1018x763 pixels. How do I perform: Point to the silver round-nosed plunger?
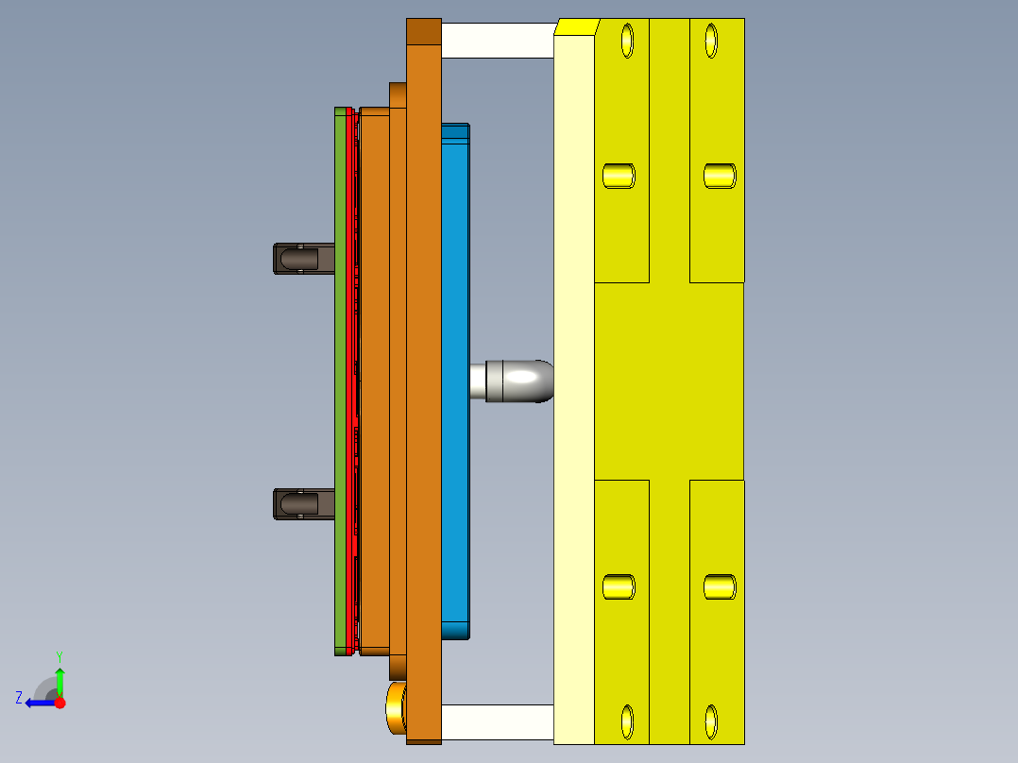(518, 381)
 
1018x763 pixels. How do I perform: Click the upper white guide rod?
(497, 40)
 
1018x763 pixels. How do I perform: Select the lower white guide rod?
(497, 722)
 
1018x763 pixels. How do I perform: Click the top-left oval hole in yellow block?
(626, 41)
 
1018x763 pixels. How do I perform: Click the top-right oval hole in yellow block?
(711, 41)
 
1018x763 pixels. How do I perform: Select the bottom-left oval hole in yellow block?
(626, 722)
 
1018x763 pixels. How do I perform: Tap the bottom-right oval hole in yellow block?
(711, 722)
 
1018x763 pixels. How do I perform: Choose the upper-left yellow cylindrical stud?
(619, 176)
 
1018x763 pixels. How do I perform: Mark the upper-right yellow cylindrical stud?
(721, 176)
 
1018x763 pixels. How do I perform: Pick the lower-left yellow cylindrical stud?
(619, 586)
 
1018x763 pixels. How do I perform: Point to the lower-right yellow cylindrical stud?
(721, 586)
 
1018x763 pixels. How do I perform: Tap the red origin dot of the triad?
(59, 703)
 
